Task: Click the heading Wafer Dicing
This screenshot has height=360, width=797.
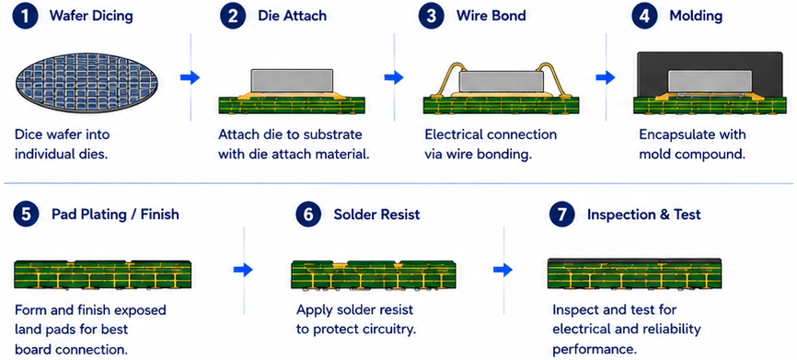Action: tap(91, 16)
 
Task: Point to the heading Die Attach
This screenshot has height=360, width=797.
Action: tap(293, 16)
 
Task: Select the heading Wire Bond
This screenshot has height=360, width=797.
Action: tap(492, 16)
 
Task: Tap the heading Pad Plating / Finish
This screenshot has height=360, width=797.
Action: tap(115, 215)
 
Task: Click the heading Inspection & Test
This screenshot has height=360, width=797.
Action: tap(644, 215)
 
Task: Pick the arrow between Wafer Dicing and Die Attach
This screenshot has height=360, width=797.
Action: tap(191, 77)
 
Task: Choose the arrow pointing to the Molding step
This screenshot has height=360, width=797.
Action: tap(605, 77)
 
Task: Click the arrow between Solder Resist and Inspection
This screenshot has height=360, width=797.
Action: tap(502, 270)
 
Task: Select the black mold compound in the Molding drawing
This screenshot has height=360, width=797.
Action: tap(709, 61)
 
